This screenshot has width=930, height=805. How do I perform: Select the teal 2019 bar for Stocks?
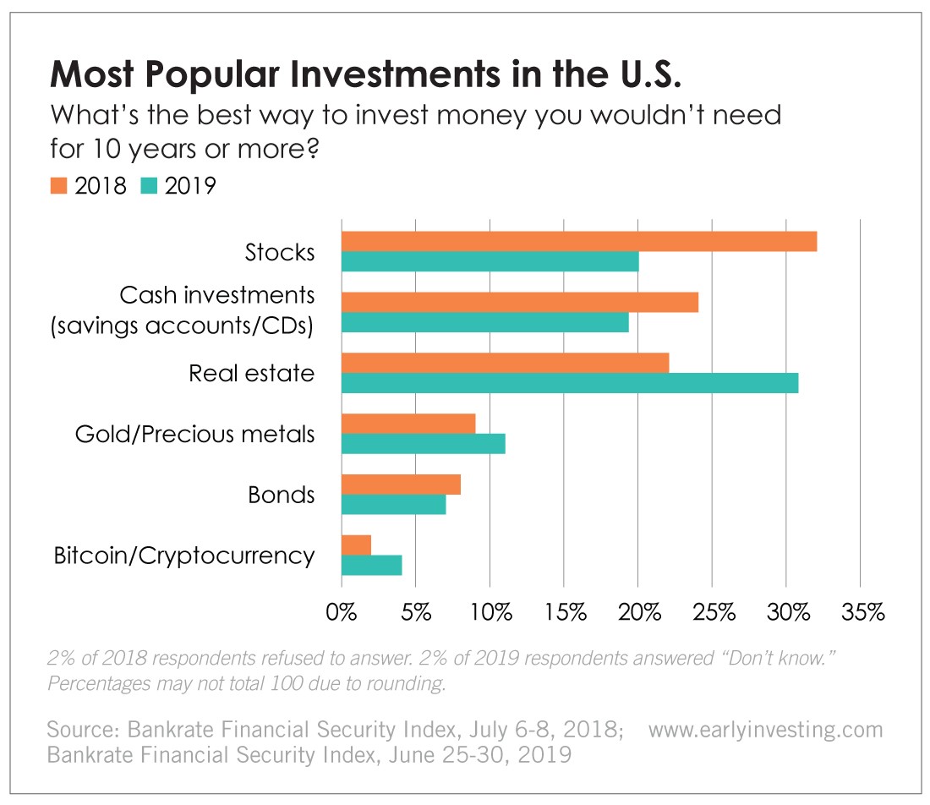coord(490,261)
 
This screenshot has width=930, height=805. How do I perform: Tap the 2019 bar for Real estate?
coord(569,383)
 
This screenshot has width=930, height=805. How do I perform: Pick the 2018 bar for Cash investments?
coord(519,302)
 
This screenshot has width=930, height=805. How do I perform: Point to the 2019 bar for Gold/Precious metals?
coord(423,443)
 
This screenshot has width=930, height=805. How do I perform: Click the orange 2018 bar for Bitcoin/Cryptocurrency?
coord(356,545)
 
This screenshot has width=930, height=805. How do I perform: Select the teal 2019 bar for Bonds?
coord(393,504)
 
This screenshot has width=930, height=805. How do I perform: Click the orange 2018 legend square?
coord(57,185)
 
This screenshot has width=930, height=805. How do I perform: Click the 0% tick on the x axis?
coord(342,612)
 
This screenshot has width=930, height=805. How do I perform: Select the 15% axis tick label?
coord(564,612)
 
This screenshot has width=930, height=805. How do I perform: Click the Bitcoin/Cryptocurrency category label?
coord(184,556)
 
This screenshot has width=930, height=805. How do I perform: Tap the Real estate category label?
coord(251,373)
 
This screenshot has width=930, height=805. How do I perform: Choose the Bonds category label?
coord(281,495)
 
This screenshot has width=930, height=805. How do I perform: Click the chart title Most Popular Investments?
coord(365,75)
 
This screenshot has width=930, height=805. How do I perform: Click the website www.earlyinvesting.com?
coord(765,729)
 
